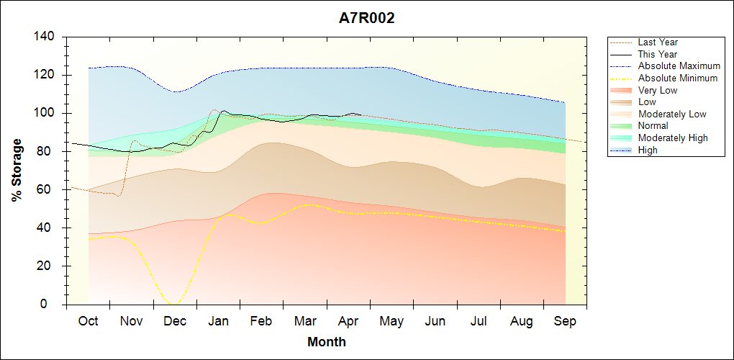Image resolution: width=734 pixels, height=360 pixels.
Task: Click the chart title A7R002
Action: coord(366,18)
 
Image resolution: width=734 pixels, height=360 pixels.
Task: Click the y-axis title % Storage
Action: coord(17,170)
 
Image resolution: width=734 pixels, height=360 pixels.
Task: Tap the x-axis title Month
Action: coord(326,342)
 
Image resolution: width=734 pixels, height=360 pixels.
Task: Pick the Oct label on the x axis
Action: coord(88,322)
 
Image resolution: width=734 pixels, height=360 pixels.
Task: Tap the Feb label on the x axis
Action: coord(261,322)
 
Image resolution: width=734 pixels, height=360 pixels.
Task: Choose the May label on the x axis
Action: coord(391,322)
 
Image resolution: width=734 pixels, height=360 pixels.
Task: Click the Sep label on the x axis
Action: coord(565,322)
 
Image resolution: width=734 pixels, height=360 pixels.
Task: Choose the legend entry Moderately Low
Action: coord(658,114)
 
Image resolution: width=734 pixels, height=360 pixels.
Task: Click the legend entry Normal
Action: coord(638,126)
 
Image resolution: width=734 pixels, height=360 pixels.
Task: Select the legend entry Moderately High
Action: coord(658,138)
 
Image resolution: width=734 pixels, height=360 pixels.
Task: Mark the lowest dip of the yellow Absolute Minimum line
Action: coord(175,305)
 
